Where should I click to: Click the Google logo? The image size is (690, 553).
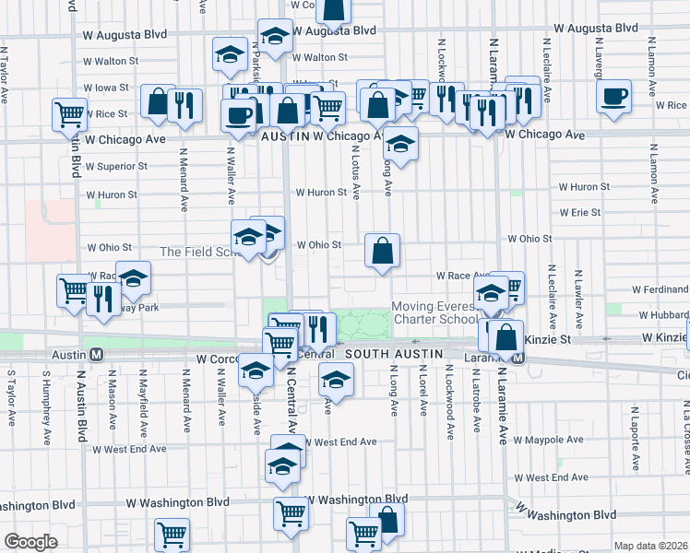[x=31, y=542]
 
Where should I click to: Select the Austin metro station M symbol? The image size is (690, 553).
[x=95, y=354]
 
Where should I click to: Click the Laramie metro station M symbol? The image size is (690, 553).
[x=518, y=358]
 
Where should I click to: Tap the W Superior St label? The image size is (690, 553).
[x=116, y=167]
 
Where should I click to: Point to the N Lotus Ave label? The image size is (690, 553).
[x=355, y=176]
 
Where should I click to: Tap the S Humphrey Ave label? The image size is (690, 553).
[x=43, y=398]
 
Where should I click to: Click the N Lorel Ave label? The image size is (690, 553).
[x=422, y=391]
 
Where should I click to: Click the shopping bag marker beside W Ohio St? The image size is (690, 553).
[x=382, y=251]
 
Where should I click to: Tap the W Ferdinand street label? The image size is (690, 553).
[x=660, y=289]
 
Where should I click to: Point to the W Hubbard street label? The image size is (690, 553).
[x=663, y=314]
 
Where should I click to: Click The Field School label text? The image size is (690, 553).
[x=196, y=252]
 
